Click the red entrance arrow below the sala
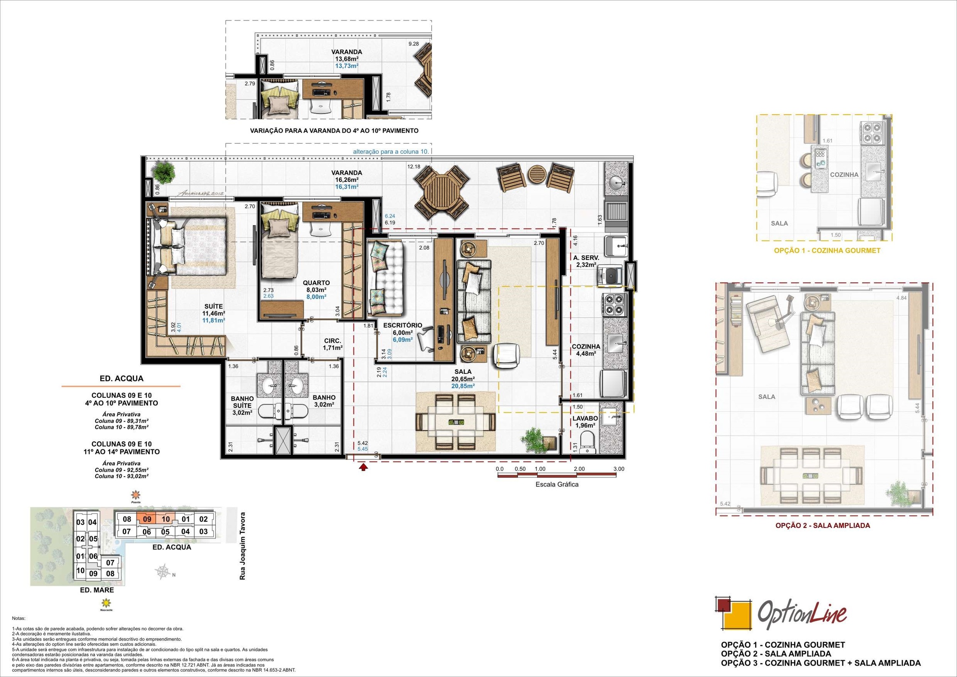(x=363, y=466)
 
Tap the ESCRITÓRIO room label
(x=402, y=325)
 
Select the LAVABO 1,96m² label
(x=585, y=422)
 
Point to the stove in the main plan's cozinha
(x=614, y=304)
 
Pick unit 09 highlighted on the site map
(x=147, y=519)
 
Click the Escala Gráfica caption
(x=557, y=484)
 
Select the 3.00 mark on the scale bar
(x=618, y=469)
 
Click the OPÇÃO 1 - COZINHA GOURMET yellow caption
(x=827, y=250)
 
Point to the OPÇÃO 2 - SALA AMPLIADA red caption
(x=822, y=525)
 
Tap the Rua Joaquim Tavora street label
(x=242, y=546)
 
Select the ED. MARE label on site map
(x=97, y=590)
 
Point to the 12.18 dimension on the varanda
(x=413, y=167)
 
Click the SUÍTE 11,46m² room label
(x=214, y=310)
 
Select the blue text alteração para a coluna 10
(x=391, y=151)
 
